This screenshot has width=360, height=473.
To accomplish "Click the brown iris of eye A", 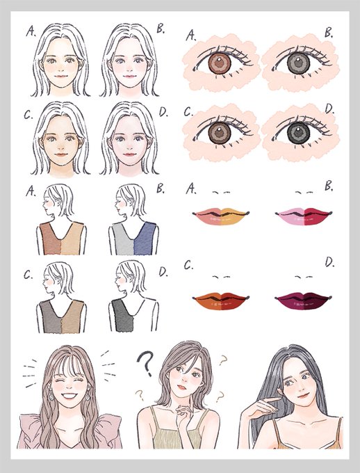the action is (220, 64).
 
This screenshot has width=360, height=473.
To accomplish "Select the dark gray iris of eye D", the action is (298, 133).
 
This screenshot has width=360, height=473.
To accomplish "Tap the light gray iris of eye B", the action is (298, 63).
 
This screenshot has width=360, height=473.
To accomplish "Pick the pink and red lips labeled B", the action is (304, 216).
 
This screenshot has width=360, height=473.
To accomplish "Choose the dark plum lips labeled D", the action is (303, 300).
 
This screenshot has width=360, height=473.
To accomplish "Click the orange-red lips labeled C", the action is (221, 300).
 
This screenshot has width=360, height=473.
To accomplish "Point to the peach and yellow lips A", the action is (221, 216).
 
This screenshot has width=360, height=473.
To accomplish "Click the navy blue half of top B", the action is (145, 239).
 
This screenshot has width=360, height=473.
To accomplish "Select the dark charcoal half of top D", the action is (123, 316).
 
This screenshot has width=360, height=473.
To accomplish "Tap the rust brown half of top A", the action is (50, 239).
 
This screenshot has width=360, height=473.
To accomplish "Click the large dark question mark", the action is (146, 364).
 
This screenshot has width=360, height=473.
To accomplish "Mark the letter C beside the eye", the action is (188, 111).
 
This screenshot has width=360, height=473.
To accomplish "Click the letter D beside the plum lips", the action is (329, 262).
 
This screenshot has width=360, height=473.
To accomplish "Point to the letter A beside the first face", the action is (31, 31).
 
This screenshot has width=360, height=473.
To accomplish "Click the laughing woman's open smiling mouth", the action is (69, 396).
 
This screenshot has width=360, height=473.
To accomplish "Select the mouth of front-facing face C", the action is (61, 154).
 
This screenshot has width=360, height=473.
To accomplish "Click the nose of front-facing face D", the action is (129, 147).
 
